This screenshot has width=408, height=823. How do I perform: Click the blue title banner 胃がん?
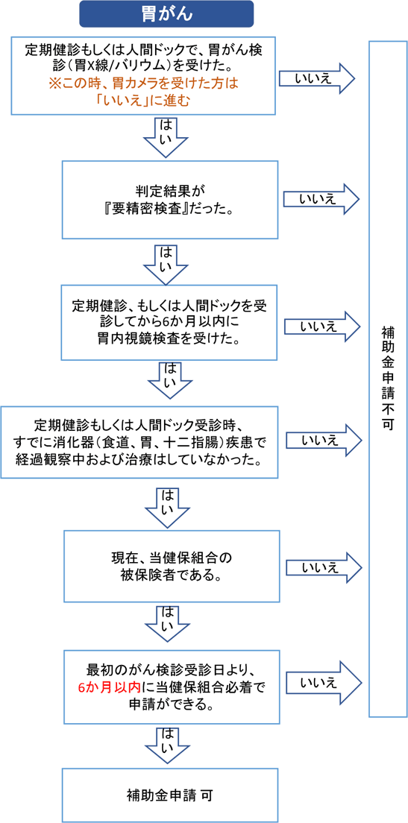click(166, 13)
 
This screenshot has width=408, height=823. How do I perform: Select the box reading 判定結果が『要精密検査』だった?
click(170, 200)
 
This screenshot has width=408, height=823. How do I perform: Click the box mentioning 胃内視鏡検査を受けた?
click(169, 323)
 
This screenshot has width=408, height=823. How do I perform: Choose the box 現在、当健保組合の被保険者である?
click(172, 566)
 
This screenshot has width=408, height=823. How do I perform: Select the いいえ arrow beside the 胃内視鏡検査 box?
click(322, 327)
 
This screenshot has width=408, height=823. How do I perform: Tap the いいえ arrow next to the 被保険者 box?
click(324, 567)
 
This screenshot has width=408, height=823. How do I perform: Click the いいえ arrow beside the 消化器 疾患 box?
click(324, 441)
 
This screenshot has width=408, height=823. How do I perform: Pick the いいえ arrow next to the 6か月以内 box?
click(324, 683)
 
